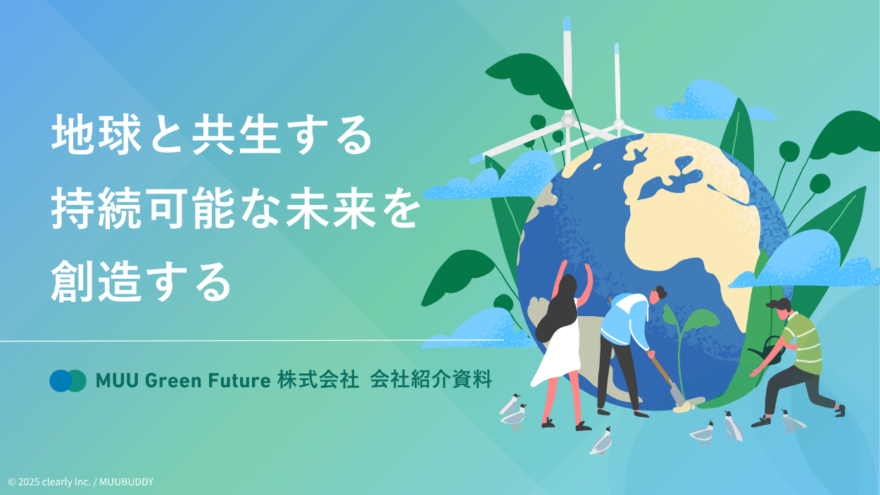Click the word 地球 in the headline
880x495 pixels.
pos(96,134)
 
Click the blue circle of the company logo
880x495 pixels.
pos(60,381)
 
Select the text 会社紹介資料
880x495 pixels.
pos(431,380)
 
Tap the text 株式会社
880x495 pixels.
pos(318,380)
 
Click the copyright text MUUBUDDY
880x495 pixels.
pos(126,482)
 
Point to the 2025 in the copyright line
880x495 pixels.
pos(28,482)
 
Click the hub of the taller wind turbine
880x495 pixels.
pos(567,120)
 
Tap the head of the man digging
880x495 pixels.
pos(657,294)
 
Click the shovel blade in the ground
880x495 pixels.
pos(679,397)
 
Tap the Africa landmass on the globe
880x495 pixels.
pos(691,220)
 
